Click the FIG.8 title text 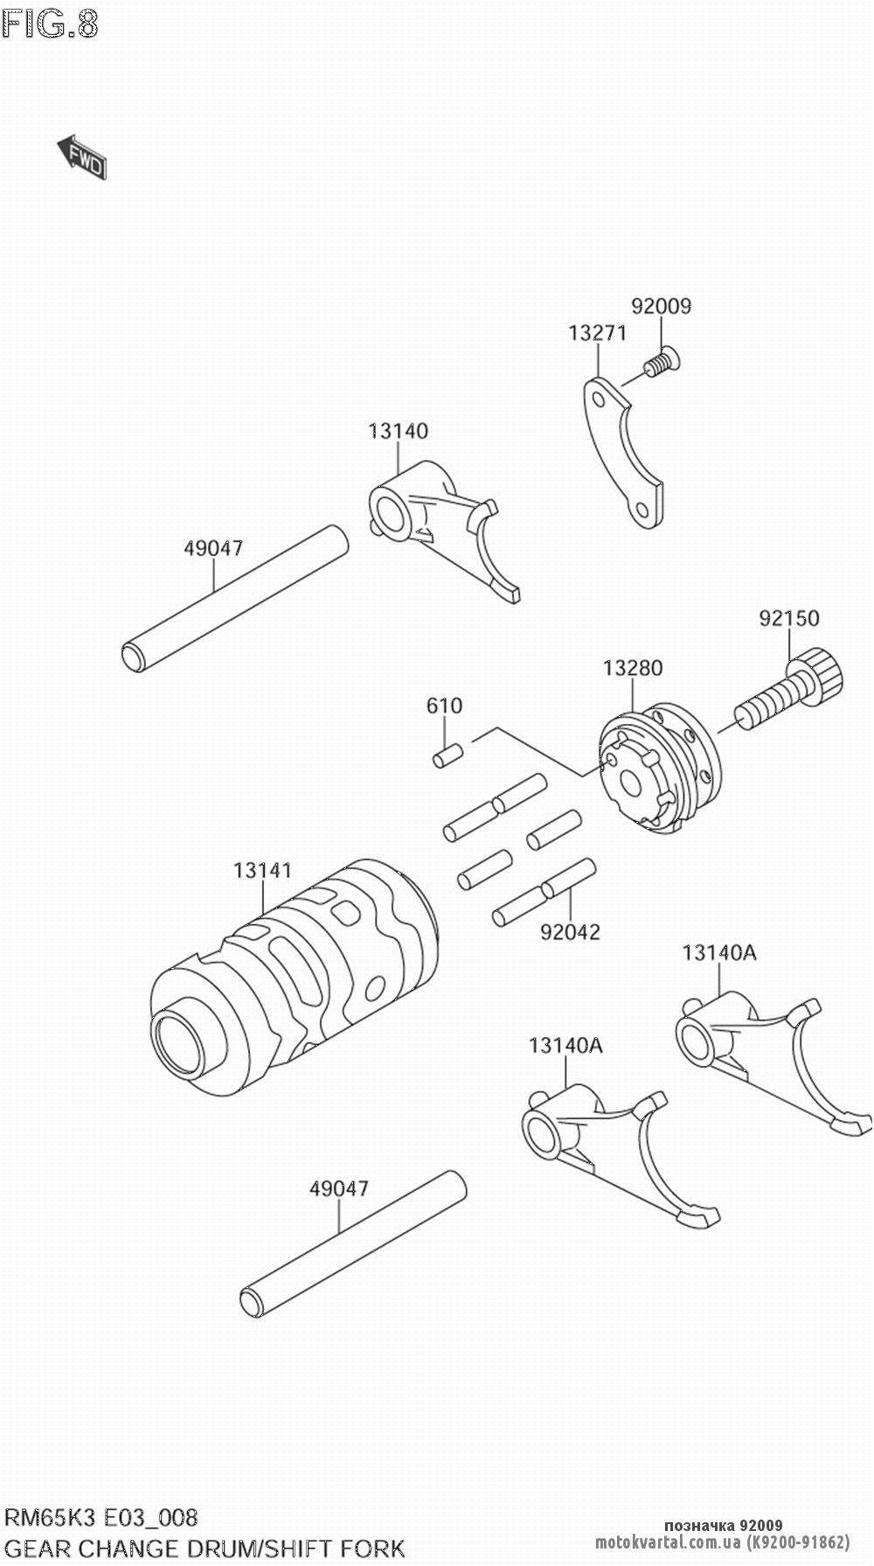click(50, 24)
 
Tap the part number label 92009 click(661, 306)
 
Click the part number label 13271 click(597, 333)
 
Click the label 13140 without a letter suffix click(398, 431)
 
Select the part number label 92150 click(789, 618)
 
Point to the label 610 click(444, 706)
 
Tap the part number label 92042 click(570, 932)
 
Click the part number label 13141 click(262, 871)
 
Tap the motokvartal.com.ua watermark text click(722, 1543)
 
